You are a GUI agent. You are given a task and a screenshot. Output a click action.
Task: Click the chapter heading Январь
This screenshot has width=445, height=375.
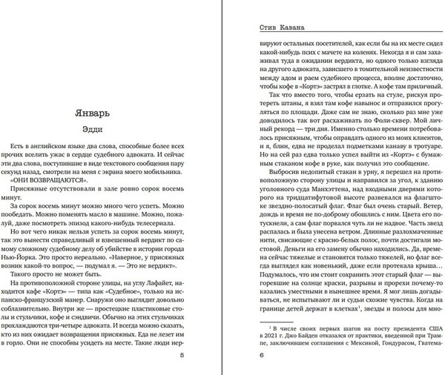point(99,113)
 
